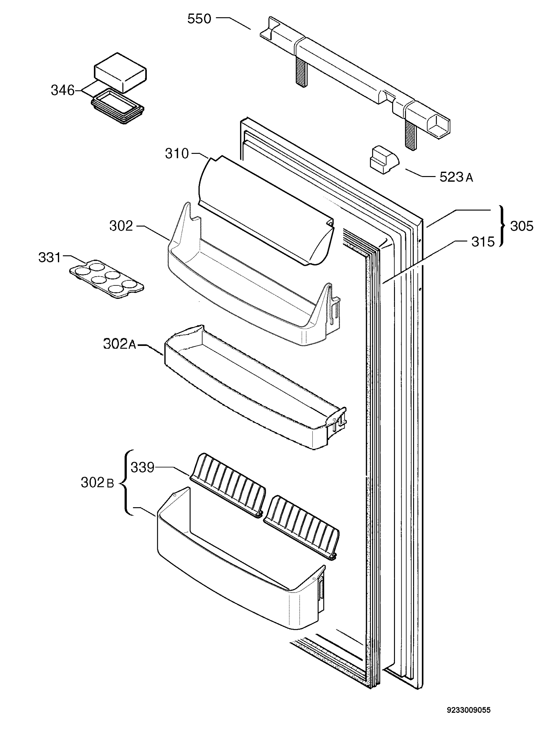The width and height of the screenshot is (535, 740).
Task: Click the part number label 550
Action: pos(199,19)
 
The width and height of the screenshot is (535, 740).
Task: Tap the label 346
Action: pos(62,90)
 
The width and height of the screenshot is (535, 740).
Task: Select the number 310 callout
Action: pos(177,153)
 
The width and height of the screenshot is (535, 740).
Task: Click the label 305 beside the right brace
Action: pos(522,226)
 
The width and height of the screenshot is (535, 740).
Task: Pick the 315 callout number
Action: pos(483,242)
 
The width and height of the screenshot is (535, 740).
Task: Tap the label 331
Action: pos(50,257)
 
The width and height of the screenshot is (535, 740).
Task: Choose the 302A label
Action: pos(119,343)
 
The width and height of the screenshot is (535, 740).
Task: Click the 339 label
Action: pos(143,467)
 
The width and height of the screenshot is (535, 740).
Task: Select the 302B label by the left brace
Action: pos(97,483)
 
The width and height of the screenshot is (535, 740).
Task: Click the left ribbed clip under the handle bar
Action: pos(301,72)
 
